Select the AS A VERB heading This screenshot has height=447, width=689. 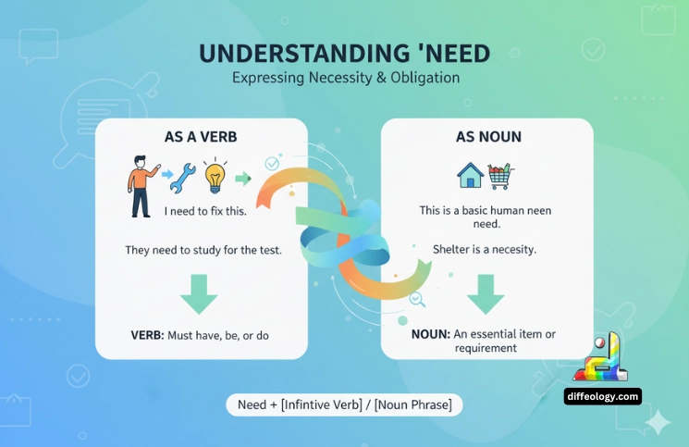click(x=202, y=136)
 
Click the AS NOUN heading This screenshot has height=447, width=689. click(x=488, y=136)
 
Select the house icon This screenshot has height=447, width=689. click(x=471, y=174)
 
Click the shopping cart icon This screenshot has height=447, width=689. click(x=500, y=174)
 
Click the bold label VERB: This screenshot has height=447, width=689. click(x=147, y=334)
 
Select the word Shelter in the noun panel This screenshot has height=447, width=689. click(x=454, y=250)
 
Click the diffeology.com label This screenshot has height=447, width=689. click(x=602, y=396)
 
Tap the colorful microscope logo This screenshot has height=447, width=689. click(x=602, y=359)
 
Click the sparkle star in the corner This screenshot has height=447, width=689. click(x=658, y=423)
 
